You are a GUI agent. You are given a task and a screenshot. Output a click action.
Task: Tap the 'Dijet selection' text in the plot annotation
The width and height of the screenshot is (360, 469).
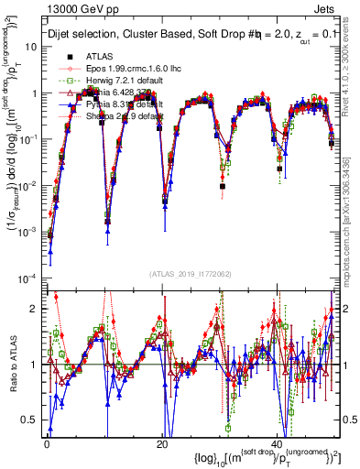point(87,38)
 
